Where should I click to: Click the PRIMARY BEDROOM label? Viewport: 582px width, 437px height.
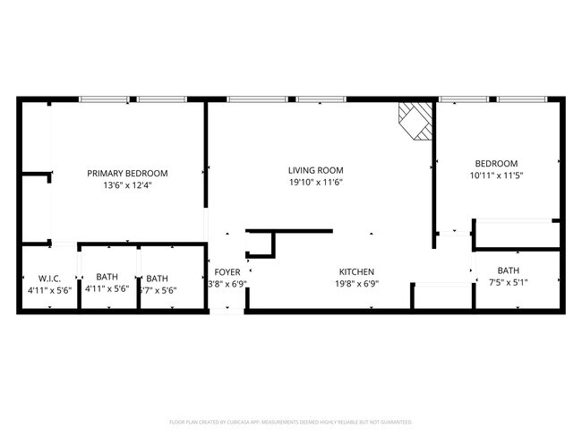(127, 174)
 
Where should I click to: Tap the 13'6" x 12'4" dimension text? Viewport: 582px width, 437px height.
(127, 185)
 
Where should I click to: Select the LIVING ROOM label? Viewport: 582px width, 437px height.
(315, 170)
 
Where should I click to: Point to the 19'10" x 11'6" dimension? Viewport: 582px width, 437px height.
(315, 182)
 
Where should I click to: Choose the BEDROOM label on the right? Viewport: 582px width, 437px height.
(496, 163)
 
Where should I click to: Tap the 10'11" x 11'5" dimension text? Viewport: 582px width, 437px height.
(496, 176)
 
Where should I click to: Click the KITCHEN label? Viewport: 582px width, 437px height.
(356, 272)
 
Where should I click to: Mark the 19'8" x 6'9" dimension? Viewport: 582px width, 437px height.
(356, 284)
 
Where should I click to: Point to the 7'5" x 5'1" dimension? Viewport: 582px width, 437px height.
(508, 283)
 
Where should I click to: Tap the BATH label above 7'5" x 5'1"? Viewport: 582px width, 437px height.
(508, 270)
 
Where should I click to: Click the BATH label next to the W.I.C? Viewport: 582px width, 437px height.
(107, 278)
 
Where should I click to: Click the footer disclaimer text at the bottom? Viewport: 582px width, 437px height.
(291, 421)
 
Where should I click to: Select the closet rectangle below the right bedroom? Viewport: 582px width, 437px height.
(517, 234)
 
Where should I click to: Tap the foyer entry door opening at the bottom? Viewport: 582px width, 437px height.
(227, 311)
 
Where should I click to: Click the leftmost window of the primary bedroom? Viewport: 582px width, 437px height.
(104, 99)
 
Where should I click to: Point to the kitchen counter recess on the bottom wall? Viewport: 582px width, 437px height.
(441, 297)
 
